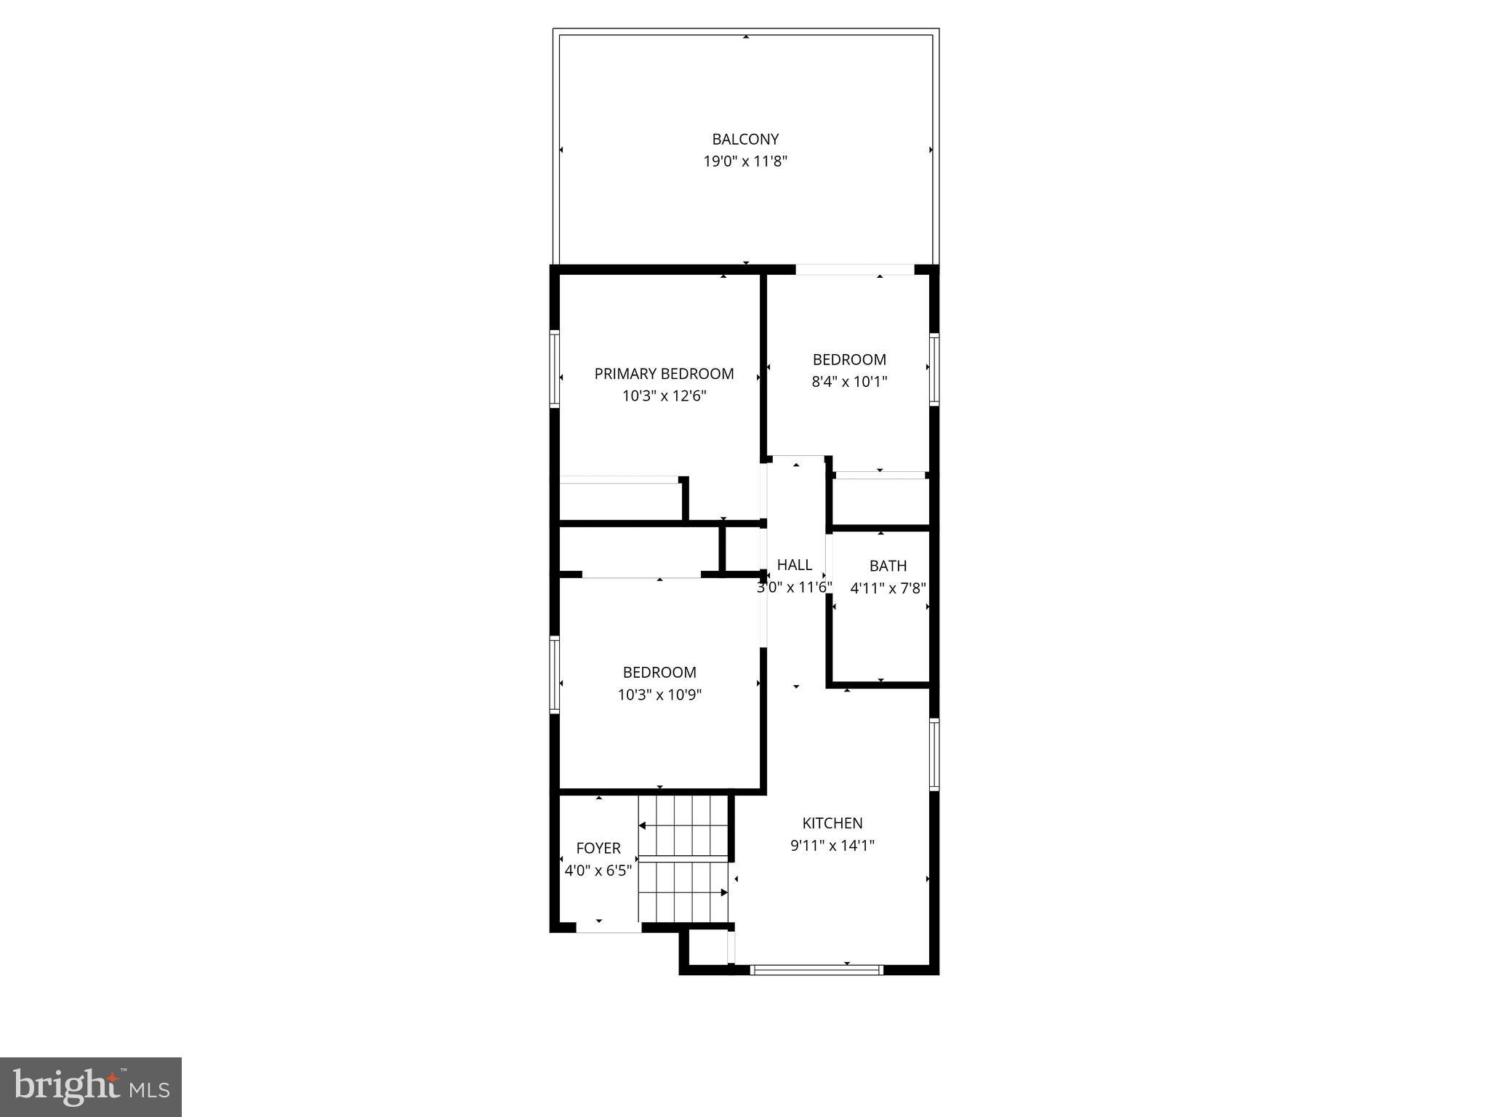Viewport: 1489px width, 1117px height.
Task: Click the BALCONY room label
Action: [x=745, y=139]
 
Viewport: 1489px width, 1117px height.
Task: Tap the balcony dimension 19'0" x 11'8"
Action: [x=745, y=161]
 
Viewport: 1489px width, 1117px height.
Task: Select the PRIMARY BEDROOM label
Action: [x=664, y=374]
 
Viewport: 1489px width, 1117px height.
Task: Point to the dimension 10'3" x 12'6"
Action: [x=664, y=396]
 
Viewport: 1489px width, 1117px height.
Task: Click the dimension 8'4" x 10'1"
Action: [x=849, y=382]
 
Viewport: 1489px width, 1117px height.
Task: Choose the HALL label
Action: [x=794, y=565]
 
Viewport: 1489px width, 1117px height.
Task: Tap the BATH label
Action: [x=888, y=566]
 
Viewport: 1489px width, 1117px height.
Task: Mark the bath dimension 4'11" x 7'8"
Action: [x=888, y=588]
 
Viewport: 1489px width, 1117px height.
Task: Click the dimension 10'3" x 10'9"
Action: [x=659, y=695]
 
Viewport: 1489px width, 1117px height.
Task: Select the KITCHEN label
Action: [x=832, y=823]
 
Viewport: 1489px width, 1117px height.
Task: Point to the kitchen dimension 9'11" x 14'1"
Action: [x=832, y=846]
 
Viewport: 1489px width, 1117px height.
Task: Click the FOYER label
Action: [x=598, y=848]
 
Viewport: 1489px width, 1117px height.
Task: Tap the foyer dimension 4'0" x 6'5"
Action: [x=598, y=870]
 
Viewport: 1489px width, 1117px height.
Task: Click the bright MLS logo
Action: [x=91, y=1087]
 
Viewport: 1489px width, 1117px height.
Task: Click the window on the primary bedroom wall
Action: [x=555, y=368]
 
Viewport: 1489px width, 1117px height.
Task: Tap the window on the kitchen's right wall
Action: [x=934, y=754]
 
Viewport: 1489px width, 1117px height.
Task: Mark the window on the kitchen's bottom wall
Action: [x=816, y=969]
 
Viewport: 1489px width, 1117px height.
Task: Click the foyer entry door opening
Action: [x=609, y=929]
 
